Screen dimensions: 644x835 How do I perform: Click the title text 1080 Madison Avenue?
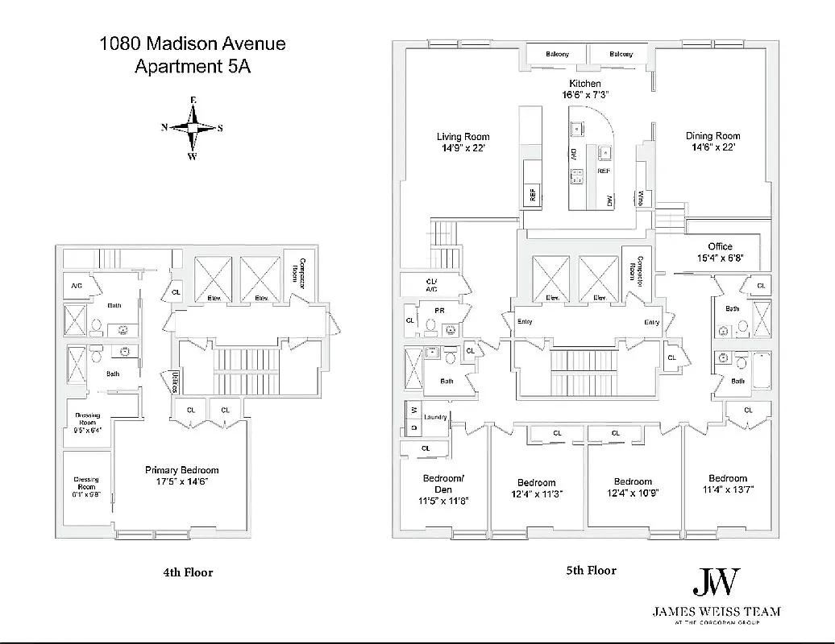pyautogui.click(x=192, y=43)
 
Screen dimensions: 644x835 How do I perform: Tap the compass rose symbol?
pyautogui.click(x=193, y=127)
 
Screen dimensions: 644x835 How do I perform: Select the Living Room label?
pyautogui.click(x=463, y=137)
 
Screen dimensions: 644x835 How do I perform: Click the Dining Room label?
pyautogui.click(x=712, y=136)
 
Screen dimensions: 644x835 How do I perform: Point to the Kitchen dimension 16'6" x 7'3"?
pyautogui.click(x=584, y=94)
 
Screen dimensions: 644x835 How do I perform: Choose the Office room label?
pyautogui.click(x=720, y=246)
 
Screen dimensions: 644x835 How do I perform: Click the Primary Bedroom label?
pyautogui.click(x=181, y=470)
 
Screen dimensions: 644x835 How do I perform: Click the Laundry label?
pyautogui.click(x=434, y=417)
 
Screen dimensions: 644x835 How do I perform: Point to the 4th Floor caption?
pyautogui.click(x=188, y=572)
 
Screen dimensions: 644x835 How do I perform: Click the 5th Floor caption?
pyautogui.click(x=591, y=571)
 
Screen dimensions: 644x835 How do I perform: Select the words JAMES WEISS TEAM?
pyautogui.click(x=716, y=612)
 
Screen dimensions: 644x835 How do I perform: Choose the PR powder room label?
pyautogui.click(x=439, y=310)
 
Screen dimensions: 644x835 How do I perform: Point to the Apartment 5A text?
pyautogui.click(x=192, y=68)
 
